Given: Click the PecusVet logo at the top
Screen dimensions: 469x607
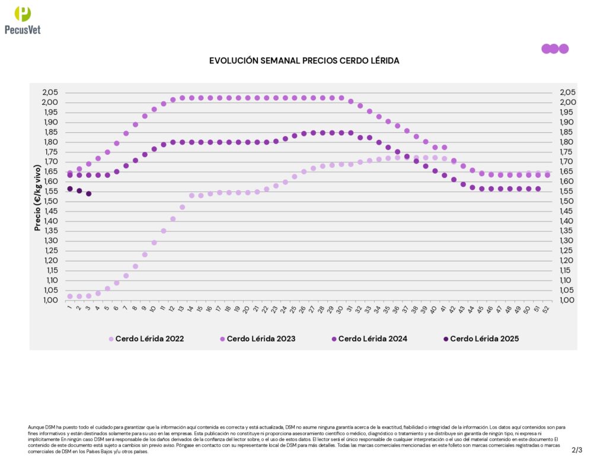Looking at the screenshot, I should click(x=23, y=21).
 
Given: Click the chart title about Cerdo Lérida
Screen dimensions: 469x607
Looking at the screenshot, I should click(x=304, y=60).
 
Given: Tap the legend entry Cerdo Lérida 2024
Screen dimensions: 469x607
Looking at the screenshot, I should click(x=372, y=339).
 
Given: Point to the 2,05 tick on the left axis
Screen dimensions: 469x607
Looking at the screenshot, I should click(x=50, y=92).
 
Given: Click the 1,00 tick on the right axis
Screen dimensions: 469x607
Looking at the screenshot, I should click(x=567, y=300).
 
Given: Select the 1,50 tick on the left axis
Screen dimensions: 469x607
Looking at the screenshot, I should click(x=50, y=201).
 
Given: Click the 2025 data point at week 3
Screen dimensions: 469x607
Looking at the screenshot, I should click(x=88, y=194).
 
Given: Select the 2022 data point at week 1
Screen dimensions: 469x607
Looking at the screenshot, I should click(x=70, y=296).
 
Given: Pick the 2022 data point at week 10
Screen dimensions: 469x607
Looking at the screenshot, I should click(x=154, y=243).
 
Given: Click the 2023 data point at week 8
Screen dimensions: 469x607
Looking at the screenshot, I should click(x=135, y=125).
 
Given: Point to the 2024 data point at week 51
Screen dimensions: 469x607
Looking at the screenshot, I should click(x=538, y=189).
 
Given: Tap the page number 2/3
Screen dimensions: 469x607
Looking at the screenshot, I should click(x=577, y=450).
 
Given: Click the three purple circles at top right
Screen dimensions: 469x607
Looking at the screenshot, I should click(x=555, y=49).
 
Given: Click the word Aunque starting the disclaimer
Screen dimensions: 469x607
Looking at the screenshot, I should click(x=36, y=427).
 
